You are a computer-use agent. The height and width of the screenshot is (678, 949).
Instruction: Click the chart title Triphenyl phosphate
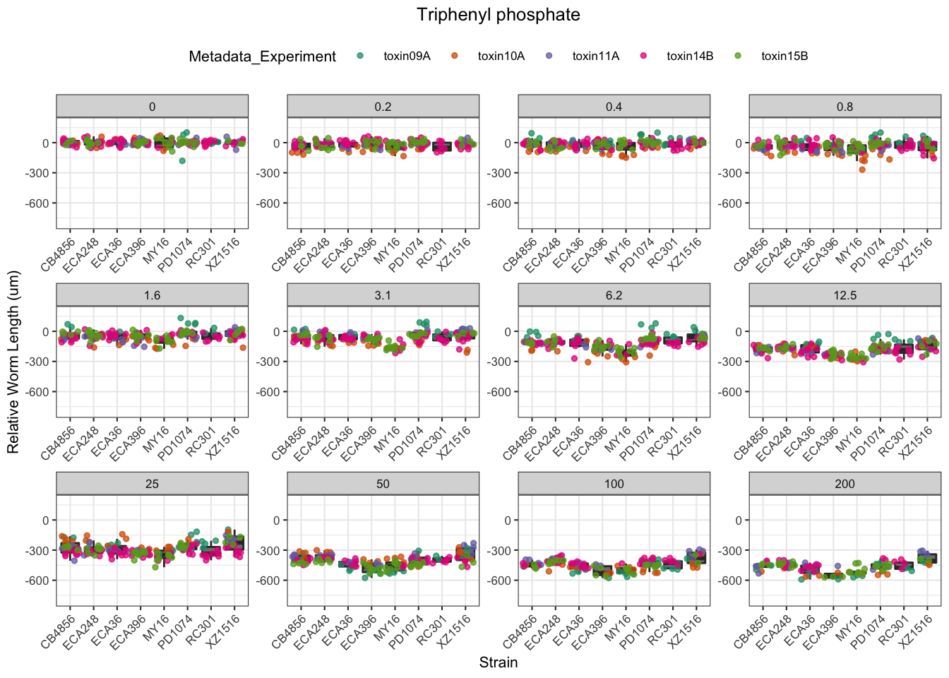click(x=498, y=15)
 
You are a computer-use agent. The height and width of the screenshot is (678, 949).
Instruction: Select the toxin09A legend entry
click(x=407, y=56)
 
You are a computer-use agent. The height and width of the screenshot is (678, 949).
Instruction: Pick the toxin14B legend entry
click(x=689, y=56)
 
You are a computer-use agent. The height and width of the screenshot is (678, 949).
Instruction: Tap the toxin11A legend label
click(x=595, y=56)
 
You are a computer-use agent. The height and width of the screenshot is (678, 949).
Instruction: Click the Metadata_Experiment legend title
click(x=262, y=56)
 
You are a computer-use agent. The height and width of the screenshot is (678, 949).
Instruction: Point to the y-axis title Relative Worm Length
click(x=13, y=362)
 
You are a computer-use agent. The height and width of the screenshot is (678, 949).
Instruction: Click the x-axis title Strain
click(x=498, y=662)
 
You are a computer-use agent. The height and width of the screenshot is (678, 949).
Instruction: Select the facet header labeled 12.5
click(x=844, y=295)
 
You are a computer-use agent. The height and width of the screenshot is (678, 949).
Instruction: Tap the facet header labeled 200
click(x=844, y=484)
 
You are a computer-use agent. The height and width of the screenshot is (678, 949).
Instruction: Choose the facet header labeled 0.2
click(x=383, y=107)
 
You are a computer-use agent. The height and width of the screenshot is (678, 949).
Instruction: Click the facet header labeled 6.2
click(x=614, y=295)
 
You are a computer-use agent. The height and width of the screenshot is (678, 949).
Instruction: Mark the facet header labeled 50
click(x=383, y=484)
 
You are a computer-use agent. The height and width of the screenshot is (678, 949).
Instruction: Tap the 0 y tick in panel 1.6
click(x=46, y=332)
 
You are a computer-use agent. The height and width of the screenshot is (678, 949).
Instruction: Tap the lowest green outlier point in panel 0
click(x=182, y=161)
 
